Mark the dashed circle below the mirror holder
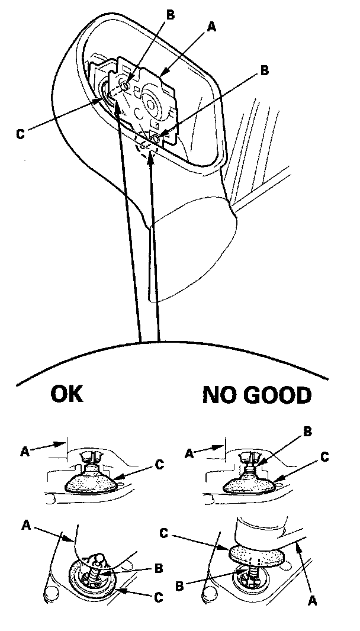tap(146, 148)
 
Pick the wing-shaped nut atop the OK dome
tap(94, 456)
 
